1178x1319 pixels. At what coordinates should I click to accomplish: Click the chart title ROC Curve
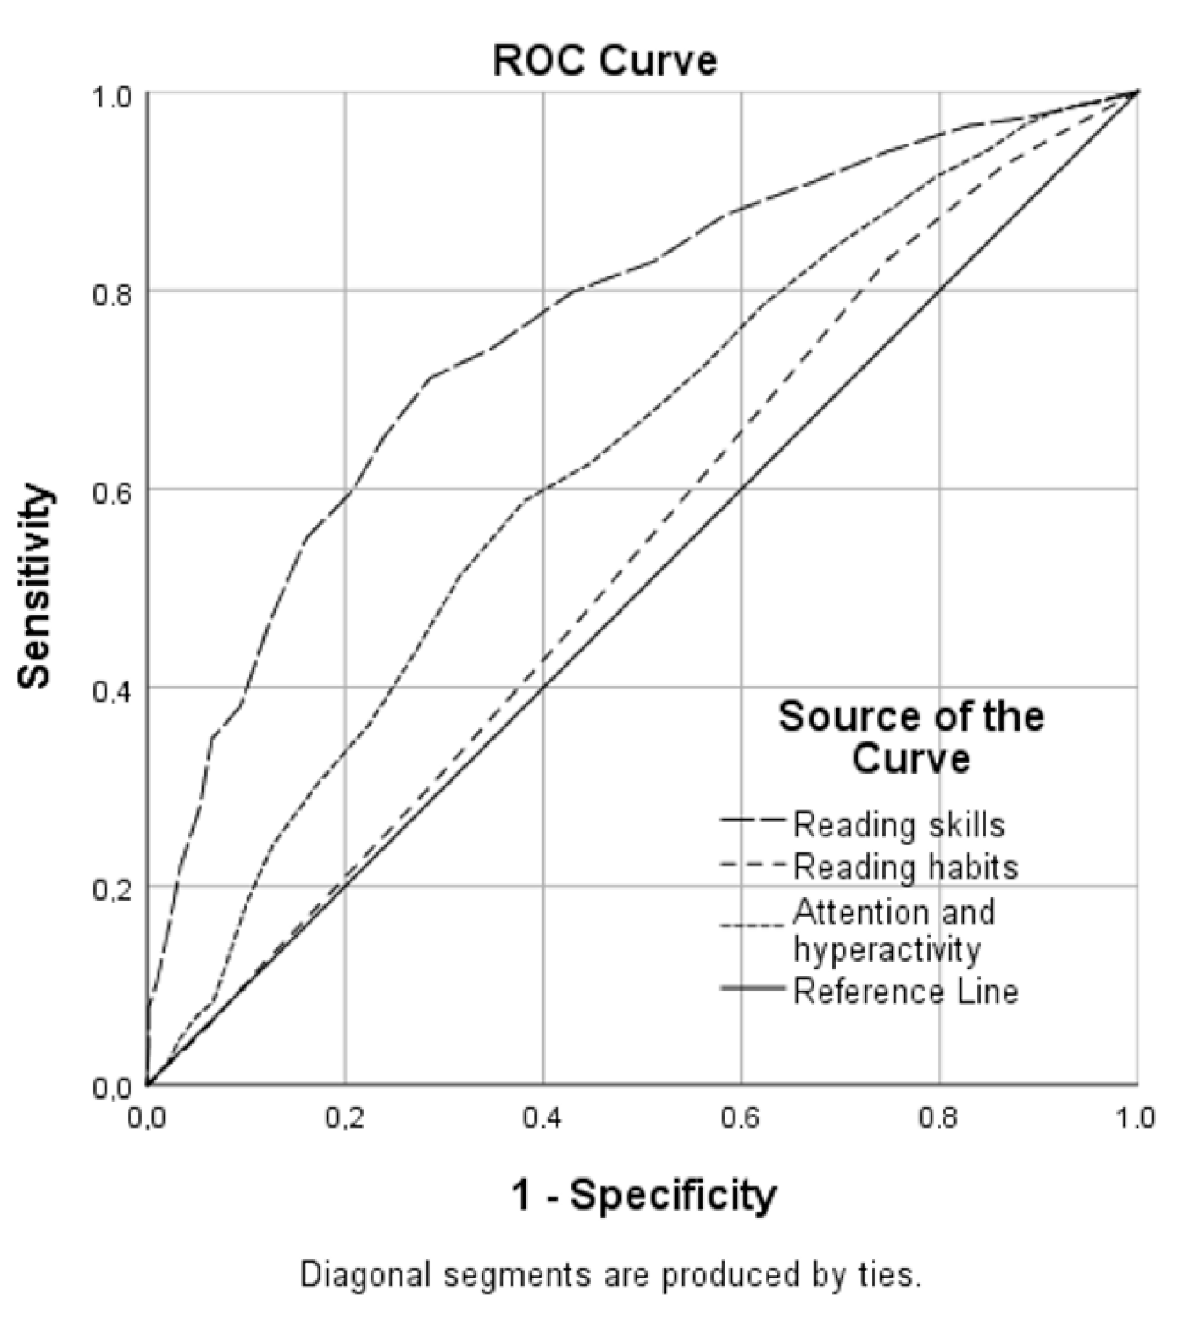(x=604, y=61)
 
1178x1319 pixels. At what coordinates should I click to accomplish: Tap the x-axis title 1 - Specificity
(x=644, y=1195)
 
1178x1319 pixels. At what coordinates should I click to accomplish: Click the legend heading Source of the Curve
(x=910, y=737)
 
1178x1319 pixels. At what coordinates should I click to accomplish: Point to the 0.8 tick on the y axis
(x=112, y=292)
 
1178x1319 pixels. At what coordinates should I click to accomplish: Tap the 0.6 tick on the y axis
(x=112, y=490)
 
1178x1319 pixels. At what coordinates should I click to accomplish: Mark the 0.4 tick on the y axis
(x=112, y=689)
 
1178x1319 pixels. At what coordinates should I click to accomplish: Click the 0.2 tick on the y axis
(x=112, y=888)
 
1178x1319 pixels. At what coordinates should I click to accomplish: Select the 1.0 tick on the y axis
(x=112, y=94)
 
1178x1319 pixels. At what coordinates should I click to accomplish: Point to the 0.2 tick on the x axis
(x=345, y=1117)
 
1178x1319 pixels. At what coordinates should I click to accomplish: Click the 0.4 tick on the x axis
(x=543, y=1117)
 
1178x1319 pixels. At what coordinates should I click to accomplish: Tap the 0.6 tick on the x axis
(x=741, y=1117)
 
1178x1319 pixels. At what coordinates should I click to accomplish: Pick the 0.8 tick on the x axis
(x=939, y=1117)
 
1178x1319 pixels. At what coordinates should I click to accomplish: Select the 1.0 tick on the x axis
(x=1136, y=1117)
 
